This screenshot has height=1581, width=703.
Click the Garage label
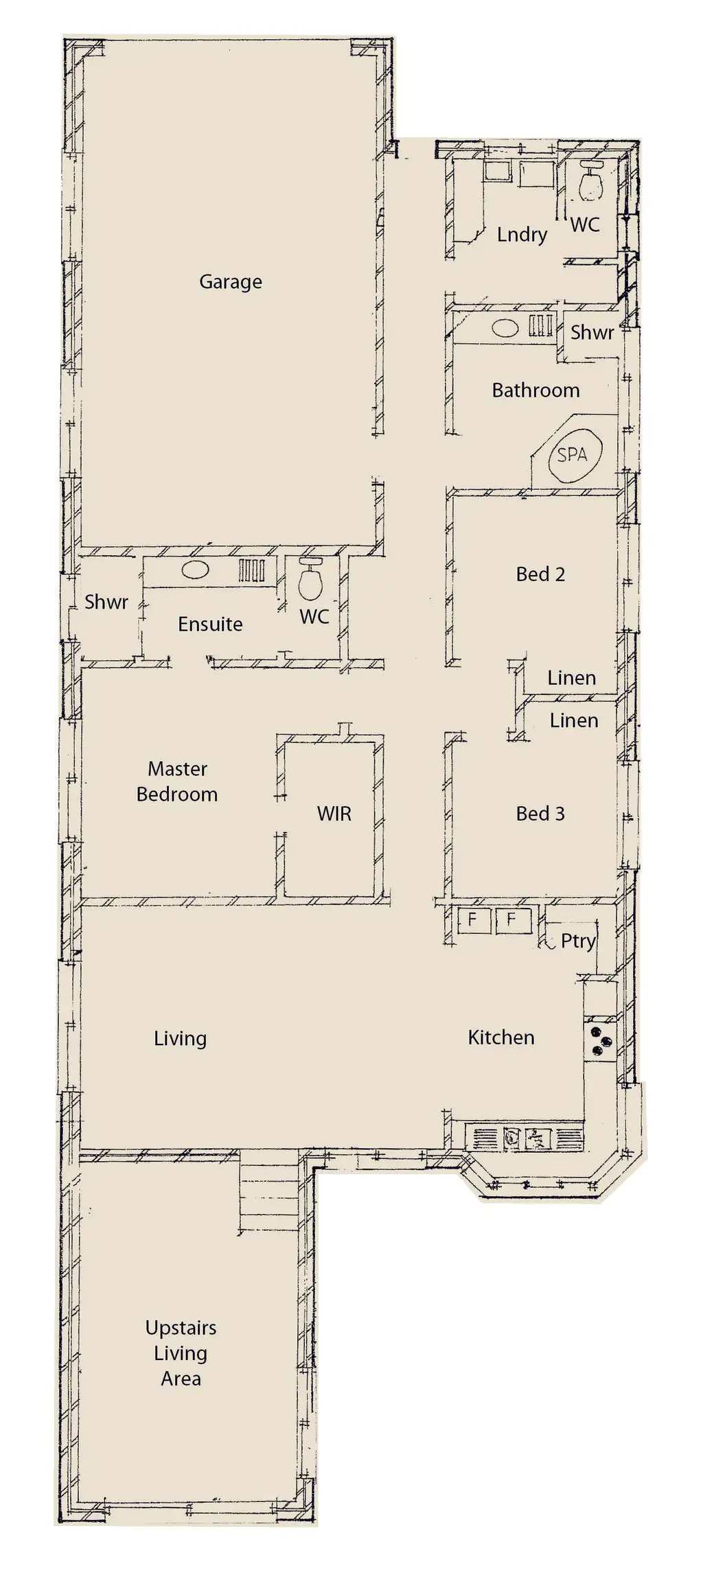pyautogui.click(x=231, y=281)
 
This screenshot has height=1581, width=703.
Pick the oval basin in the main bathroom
pyautogui.click(x=505, y=327)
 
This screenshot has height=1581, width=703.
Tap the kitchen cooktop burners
pyautogui.click(x=599, y=1040)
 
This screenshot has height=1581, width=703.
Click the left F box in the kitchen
pyautogui.click(x=472, y=919)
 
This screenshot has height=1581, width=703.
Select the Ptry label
pyautogui.click(x=578, y=941)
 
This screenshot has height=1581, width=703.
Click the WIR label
pyautogui.click(x=334, y=814)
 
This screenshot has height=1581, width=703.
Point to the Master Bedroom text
pyautogui.click(x=177, y=782)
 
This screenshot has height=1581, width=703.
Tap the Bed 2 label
pyautogui.click(x=540, y=574)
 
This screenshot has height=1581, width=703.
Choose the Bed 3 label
pyautogui.click(x=540, y=814)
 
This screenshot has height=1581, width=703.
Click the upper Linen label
pyautogui.click(x=571, y=678)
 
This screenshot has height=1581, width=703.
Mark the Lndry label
pyautogui.click(x=522, y=235)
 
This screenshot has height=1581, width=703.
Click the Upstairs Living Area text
pyautogui.click(x=181, y=1353)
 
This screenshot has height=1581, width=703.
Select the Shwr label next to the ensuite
pyautogui.click(x=106, y=602)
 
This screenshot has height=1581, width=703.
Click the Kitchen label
pyautogui.click(x=501, y=1037)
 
